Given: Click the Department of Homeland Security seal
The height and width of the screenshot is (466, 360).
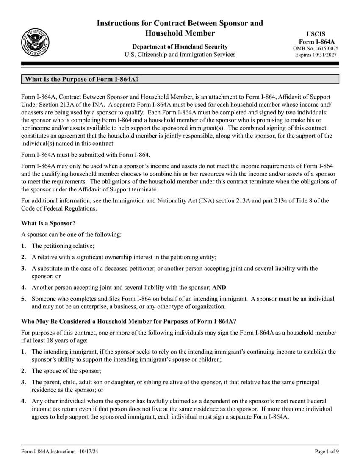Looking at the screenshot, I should point(36,43).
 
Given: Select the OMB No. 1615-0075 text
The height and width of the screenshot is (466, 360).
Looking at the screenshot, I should point(316,48).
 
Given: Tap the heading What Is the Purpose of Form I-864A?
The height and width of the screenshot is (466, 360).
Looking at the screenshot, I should point(82,79).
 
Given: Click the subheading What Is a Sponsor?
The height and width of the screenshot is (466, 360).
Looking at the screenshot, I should point(48,223).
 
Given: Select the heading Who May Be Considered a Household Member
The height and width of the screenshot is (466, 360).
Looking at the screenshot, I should point(129,322).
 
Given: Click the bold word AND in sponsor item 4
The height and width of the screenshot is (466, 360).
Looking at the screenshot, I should point(219,287).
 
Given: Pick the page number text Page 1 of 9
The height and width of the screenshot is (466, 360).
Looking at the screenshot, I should point(327,452).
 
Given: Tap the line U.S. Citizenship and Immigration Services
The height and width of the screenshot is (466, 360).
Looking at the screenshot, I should point(180,55).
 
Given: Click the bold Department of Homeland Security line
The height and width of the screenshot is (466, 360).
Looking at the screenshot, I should point(180,47).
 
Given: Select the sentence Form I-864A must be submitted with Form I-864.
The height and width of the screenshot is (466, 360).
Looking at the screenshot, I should point(86,155).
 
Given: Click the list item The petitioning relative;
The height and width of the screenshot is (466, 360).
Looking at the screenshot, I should point(63,246).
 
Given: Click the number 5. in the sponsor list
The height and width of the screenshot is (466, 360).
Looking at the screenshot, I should point(24,299).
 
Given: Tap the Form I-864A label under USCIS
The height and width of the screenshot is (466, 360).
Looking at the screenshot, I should point(316,42).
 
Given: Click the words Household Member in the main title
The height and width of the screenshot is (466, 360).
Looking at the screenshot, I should point(180,33).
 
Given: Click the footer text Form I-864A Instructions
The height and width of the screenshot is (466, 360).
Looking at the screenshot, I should point(48,452).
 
